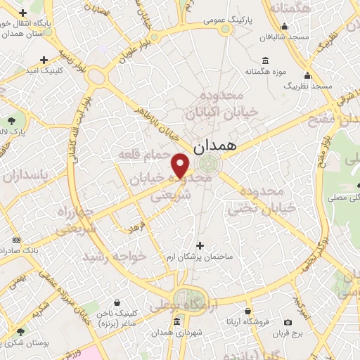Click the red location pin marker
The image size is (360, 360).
[x=182, y=165]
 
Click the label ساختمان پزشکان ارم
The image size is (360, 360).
[x=200, y=257]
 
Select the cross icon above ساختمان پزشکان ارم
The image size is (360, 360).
[x=200, y=245]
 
